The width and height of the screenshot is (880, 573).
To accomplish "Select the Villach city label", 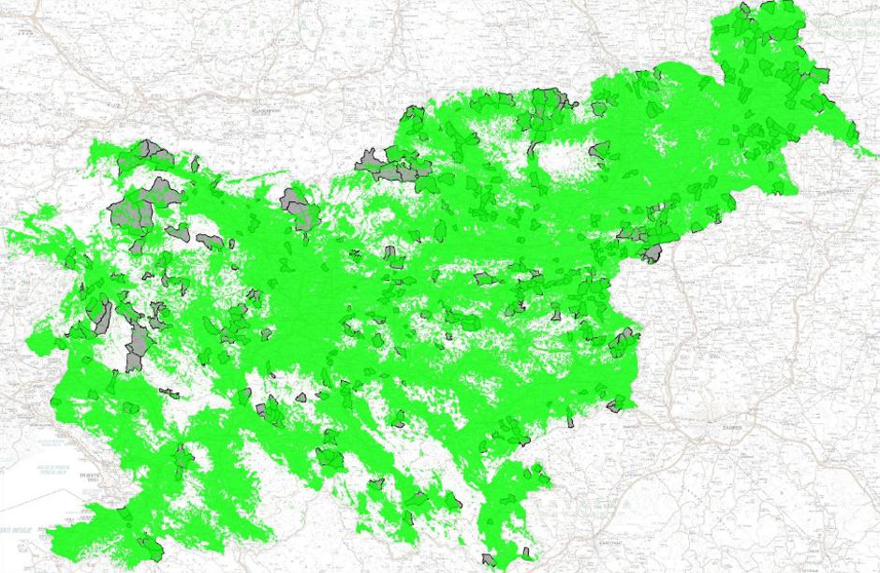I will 116,106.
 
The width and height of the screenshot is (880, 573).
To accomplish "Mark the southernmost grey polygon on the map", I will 489,561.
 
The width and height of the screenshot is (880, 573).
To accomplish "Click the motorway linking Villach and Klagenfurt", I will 187,103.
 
